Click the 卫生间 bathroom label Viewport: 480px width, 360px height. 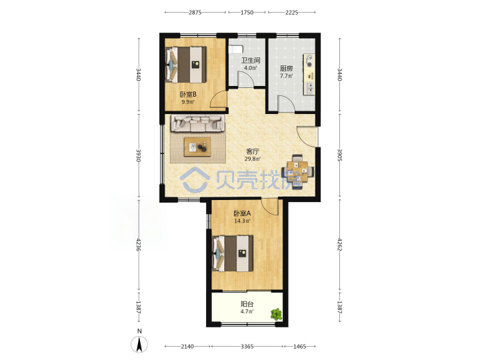pos(251,60)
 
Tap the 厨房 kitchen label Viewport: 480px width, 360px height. pos(286,68)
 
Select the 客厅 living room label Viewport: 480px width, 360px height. pos(253,151)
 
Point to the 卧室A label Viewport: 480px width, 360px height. pos(242,213)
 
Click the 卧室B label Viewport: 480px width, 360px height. pos(188,95)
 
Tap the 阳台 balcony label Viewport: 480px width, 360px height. pos(247,304)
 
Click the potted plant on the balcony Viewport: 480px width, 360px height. pos(276,314)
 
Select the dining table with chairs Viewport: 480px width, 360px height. pos(297,171)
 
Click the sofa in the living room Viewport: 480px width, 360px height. pos(197,123)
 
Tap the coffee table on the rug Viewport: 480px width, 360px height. pos(197,147)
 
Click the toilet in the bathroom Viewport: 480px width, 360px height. pos(236,49)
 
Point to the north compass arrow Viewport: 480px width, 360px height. pos(139,345)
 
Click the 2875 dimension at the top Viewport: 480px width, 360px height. pos(195,12)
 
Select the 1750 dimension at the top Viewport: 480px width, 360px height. pos(247,12)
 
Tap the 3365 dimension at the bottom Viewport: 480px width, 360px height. pos(247,346)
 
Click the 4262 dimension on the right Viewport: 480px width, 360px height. pos(339,244)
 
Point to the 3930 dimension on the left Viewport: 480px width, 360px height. pos(139,156)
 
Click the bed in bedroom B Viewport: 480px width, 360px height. pos(186,64)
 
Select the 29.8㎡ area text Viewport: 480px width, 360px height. pos(253,159)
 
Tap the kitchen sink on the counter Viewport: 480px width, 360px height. pos(310,88)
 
